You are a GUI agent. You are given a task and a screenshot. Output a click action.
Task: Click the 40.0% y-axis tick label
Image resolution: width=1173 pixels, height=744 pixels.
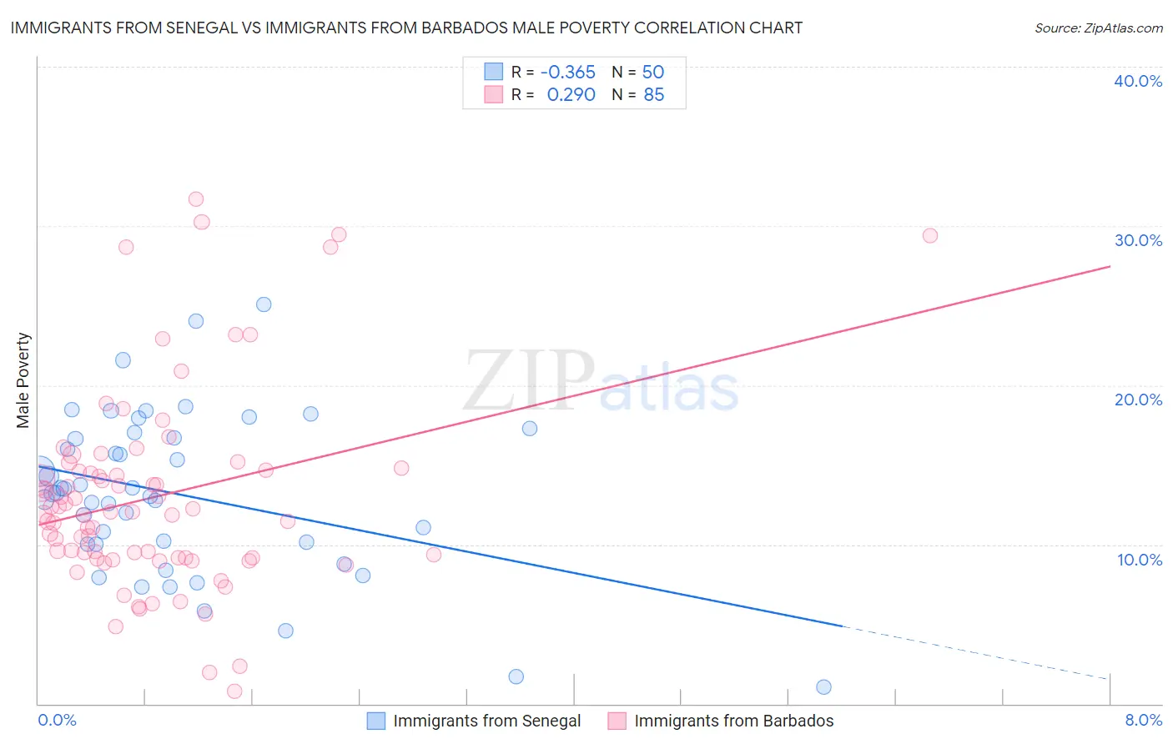1138,81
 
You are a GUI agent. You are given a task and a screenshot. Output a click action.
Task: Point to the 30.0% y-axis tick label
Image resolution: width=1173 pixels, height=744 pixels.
1138,240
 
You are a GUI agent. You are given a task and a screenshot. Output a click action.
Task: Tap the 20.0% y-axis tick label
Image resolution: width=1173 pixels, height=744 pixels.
1138,400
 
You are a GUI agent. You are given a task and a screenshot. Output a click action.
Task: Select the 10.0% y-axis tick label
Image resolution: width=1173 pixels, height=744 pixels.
1140,560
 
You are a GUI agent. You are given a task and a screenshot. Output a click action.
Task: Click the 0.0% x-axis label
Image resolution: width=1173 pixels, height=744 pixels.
57,720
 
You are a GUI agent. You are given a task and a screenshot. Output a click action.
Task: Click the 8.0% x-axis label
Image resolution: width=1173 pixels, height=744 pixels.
1143,720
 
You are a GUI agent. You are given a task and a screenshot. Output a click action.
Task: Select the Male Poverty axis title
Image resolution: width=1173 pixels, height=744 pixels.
23,380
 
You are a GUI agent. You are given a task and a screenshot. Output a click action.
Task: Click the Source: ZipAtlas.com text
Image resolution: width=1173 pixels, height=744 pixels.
1098,28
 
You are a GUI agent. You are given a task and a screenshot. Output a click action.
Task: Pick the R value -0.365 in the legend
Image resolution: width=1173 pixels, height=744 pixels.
568,72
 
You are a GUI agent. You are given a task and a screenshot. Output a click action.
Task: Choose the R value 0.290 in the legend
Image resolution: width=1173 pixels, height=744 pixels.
571,94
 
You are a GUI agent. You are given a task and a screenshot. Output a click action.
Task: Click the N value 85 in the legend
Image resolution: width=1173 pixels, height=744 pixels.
653,94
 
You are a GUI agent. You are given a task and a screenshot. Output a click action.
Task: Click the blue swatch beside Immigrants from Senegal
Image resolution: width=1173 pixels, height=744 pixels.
376,721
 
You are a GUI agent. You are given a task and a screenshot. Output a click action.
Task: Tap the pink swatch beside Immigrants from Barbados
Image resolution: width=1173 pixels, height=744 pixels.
617,721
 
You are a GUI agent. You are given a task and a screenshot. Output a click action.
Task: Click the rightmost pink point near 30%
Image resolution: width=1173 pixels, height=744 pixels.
929,235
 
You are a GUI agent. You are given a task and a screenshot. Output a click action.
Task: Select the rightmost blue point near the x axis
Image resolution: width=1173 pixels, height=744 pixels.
823,687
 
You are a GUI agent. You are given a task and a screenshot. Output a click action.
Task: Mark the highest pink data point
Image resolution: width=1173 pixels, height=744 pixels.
196,199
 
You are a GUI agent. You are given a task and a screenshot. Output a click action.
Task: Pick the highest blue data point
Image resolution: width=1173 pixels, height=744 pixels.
264,304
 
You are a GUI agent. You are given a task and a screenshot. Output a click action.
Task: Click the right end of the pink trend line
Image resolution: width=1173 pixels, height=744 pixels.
1110,266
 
